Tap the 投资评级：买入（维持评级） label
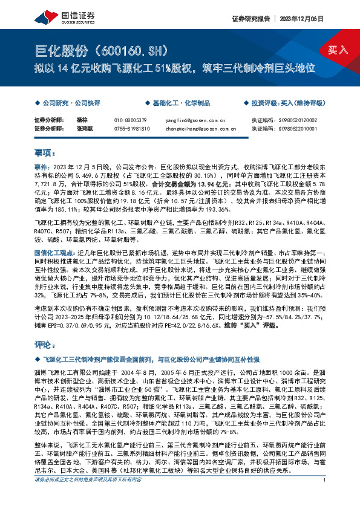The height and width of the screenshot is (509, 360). point(284,103)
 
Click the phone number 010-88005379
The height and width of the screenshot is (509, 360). point(130,120)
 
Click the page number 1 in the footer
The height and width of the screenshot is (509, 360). point(325,497)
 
